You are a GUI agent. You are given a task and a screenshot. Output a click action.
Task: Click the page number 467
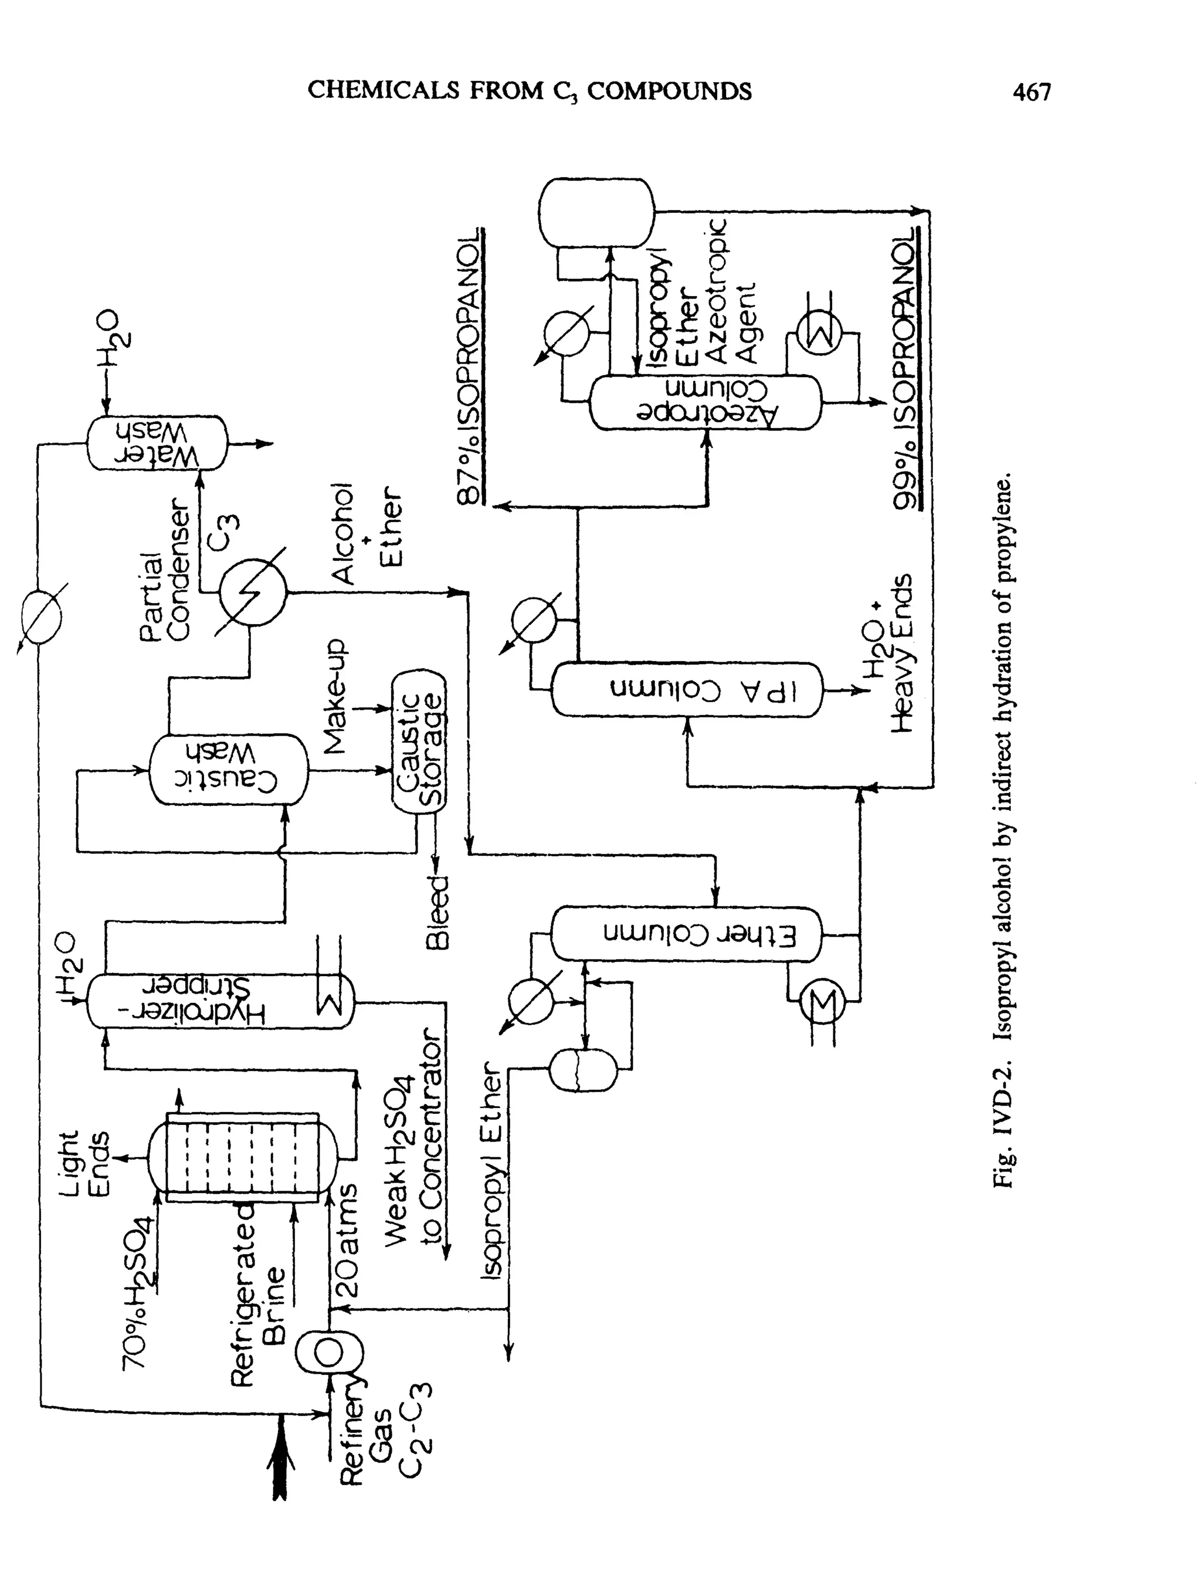[1031, 92]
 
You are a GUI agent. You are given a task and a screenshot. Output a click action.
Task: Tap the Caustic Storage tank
[419, 741]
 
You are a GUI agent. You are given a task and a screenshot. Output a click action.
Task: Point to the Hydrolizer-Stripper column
[220, 1001]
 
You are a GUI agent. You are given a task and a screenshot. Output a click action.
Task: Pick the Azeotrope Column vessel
[705, 402]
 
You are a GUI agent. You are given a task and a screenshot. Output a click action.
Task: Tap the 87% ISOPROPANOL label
[470, 366]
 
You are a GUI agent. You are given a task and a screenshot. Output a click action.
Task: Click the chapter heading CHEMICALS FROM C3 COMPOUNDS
[529, 91]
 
